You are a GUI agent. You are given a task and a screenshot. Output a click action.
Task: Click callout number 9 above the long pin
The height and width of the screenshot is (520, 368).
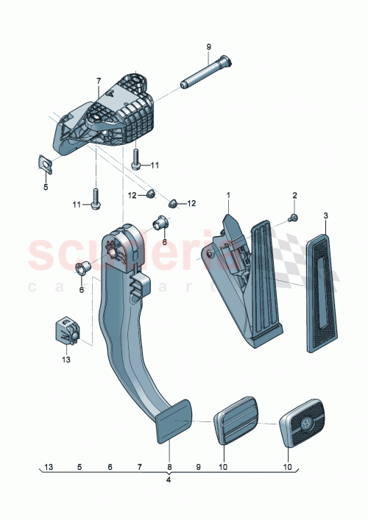tap(208, 48)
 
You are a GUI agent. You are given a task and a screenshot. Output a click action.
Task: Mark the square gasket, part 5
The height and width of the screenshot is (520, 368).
tap(44, 165)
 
